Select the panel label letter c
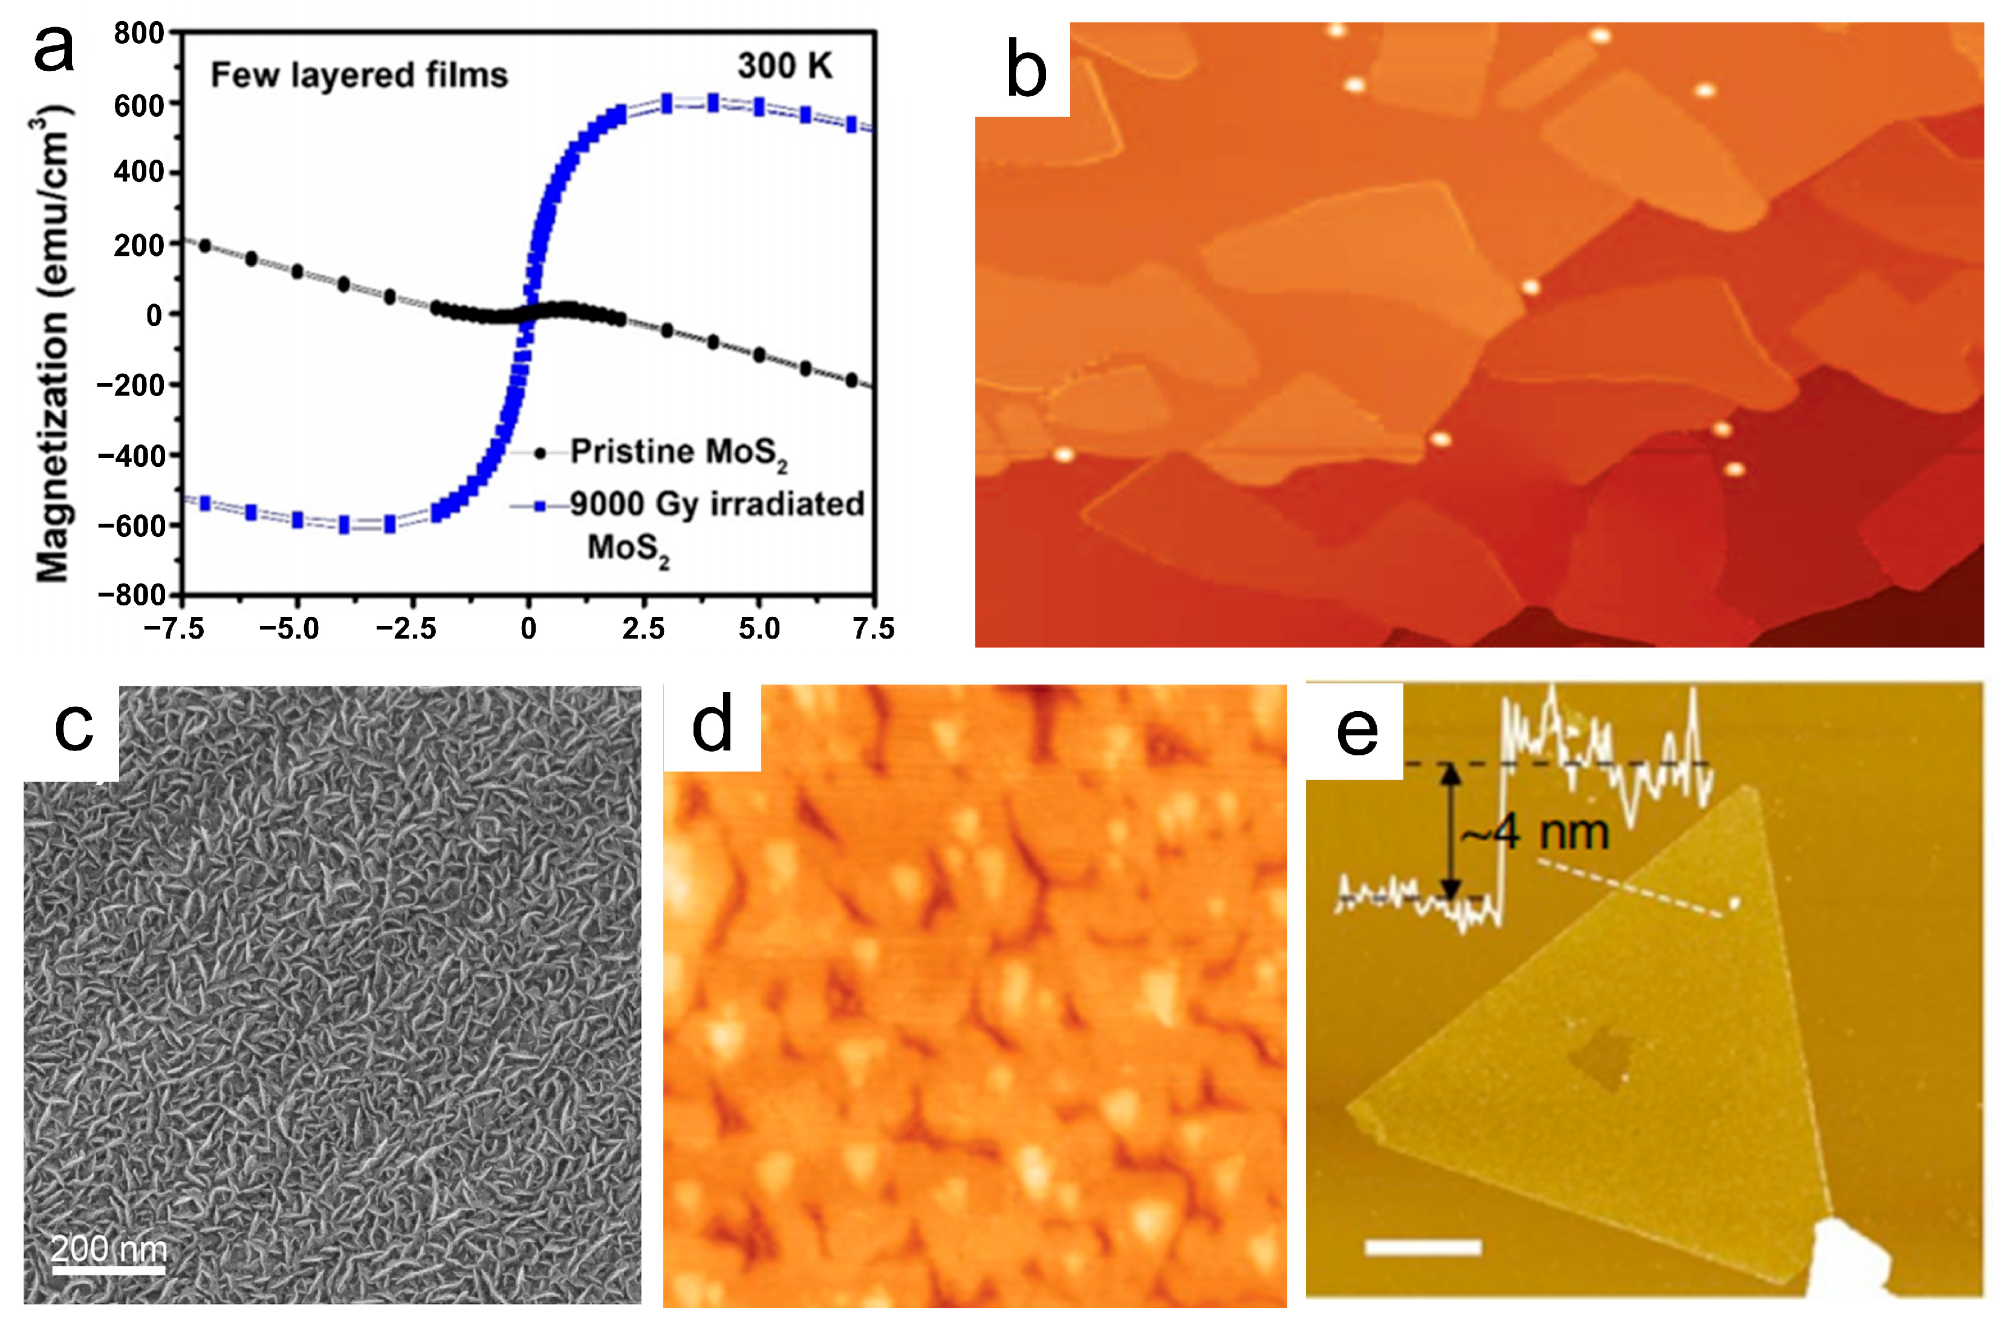click(x=74, y=727)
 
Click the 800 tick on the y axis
click(x=140, y=34)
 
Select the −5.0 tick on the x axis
click(x=289, y=629)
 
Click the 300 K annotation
click(x=784, y=66)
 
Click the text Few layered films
click(x=359, y=75)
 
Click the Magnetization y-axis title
click(x=53, y=347)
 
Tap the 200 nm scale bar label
click(x=108, y=1248)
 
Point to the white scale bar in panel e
click(x=1423, y=1247)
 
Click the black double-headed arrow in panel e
click(x=1451, y=832)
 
